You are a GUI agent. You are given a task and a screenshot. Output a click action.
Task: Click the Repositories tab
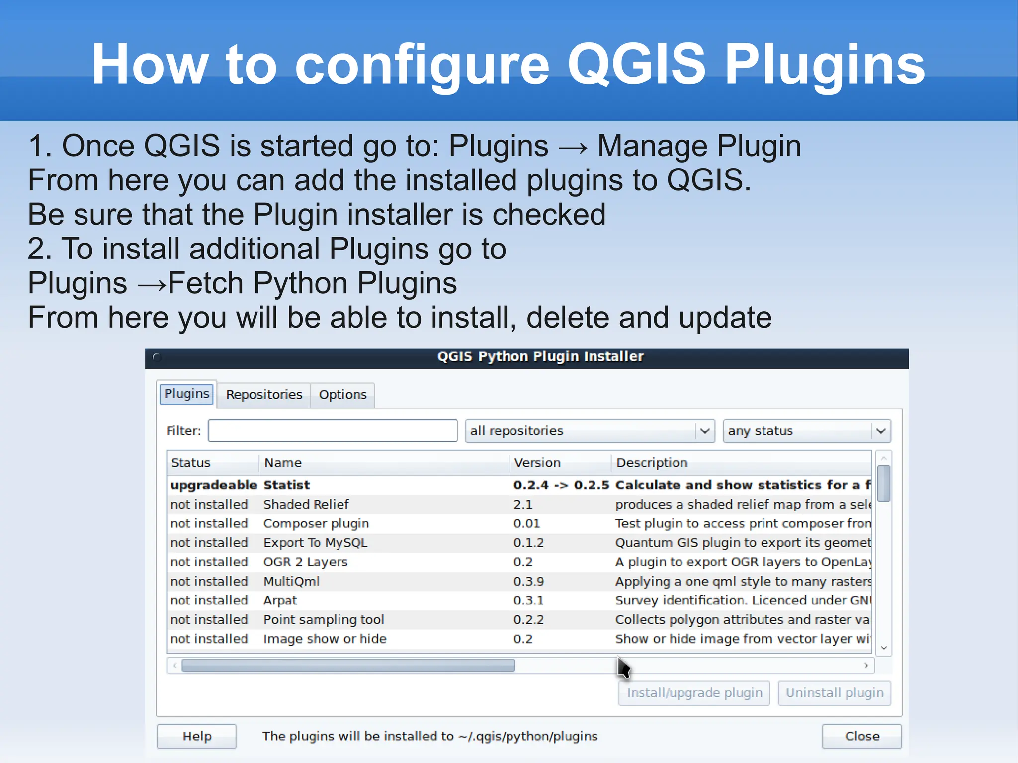pyautogui.click(x=264, y=395)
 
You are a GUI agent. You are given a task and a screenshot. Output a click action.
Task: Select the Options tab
pyautogui.click(x=342, y=395)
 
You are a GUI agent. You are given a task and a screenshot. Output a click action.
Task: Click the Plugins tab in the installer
pyautogui.click(x=186, y=394)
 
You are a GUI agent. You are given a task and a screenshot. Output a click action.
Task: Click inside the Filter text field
pyautogui.click(x=332, y=431)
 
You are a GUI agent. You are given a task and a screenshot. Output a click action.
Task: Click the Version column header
pyautogui.click(x=537, y=463)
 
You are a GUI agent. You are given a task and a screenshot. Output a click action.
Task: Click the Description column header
pyautogui.click(x=652, y=463)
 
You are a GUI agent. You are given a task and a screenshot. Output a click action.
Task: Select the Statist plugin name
pyautogui.click(x=286, y=485)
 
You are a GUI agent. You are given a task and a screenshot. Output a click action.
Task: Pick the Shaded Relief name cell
pyautogui.click(x=306, y=505)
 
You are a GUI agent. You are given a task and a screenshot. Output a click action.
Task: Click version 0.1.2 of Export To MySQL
pyautogui.click(x=528, y=543)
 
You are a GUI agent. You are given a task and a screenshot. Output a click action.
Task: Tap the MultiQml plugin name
pyautogui.click(x=291, y=582)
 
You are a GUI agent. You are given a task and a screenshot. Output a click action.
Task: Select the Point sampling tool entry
pyautogui.click(x=324, y=620)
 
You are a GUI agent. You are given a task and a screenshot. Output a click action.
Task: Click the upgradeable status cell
pyautogui.click(x=213, y=485)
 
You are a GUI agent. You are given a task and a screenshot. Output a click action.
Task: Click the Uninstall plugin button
pyautogui.click(x=834, y=693)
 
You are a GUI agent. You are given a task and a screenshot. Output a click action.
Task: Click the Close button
pyautogui.click(x=861, y=736)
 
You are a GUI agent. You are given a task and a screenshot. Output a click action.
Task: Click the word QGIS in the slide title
pyautogui.click(x=636, y=65)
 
